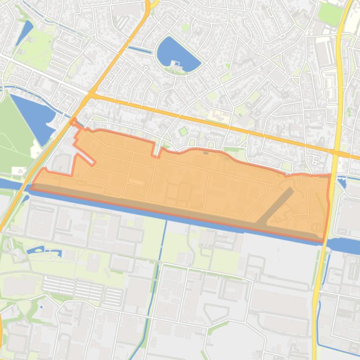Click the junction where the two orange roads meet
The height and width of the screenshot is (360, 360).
(90, 95)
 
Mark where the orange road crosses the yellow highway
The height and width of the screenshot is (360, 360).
(337, 152)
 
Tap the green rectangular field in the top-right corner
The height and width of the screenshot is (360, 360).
(331, 14)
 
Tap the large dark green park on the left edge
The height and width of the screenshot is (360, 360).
(14, 131)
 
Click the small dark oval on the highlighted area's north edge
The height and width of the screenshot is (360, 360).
(206, 152)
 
